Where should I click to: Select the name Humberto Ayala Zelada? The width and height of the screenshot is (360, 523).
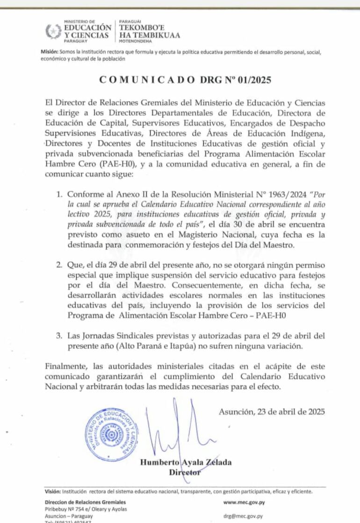click(x=186, y=462)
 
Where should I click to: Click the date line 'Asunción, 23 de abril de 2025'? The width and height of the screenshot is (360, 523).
click(x=272, y=412)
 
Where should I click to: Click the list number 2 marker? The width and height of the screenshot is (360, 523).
click(x=59, y=265)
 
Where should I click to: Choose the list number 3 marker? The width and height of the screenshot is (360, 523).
click(x=59, y=336)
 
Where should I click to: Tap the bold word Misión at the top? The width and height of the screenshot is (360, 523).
click(x=49, y=52)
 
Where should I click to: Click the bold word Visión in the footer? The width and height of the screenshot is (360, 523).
click(x=52, y=492)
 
